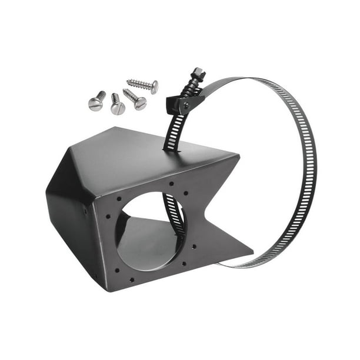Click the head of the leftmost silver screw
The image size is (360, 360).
94,104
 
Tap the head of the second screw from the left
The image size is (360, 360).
118,108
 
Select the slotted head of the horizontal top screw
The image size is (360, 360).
154,87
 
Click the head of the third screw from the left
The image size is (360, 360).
140,104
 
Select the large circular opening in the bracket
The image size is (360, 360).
147,229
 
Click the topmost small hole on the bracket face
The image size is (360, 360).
171,184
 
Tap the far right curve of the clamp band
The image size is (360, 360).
314,171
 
